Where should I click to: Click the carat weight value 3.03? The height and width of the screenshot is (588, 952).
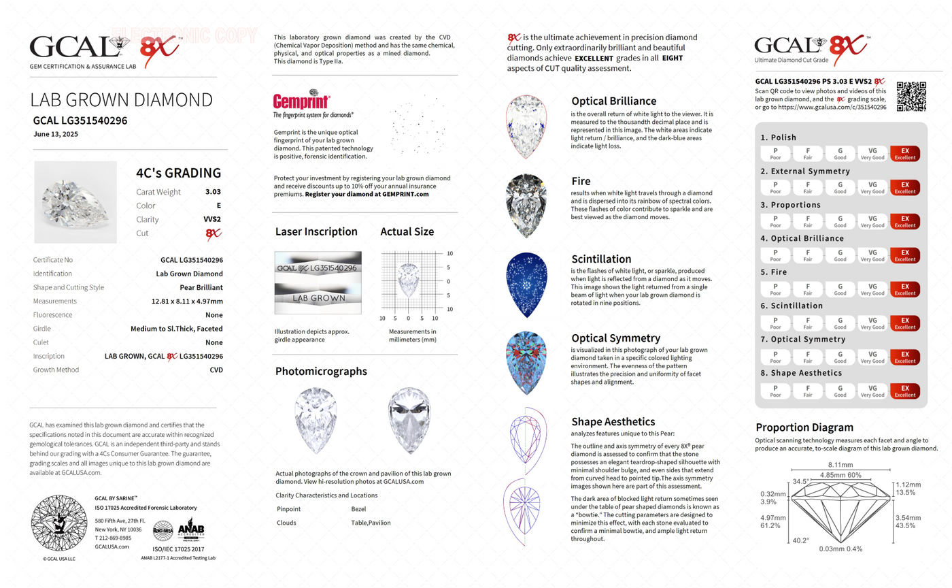tap(213, 192)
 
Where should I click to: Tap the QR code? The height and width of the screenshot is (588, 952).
tap(911, 97)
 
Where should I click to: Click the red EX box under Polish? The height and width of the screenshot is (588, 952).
tap(904, 153)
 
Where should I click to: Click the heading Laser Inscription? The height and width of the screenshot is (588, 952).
tap(316, 231)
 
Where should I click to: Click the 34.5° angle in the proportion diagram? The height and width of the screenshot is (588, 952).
tap(800, 481)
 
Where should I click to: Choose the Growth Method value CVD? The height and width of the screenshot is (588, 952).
tap(216, 370)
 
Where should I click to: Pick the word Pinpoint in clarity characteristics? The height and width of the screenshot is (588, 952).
tap(290, 509)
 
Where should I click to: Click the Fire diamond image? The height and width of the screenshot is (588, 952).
tap(528, 206)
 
